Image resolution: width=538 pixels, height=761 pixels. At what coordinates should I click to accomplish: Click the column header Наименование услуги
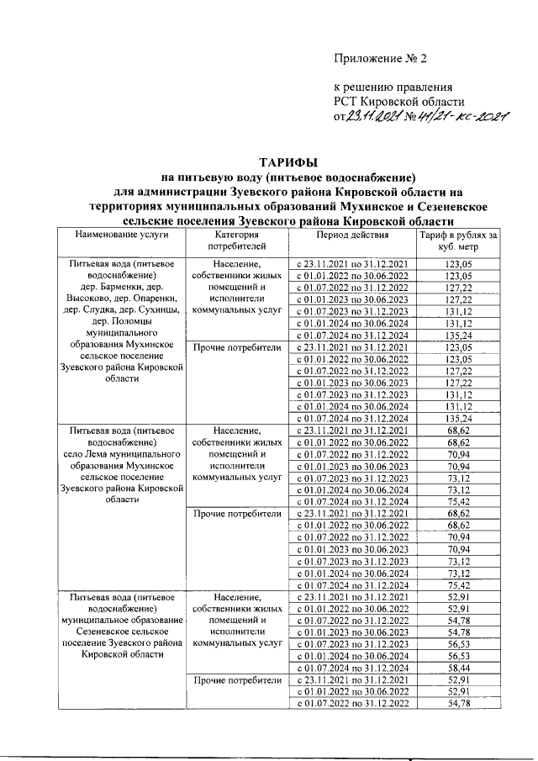pos(123,235)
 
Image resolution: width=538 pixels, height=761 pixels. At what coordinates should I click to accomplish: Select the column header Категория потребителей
pos(235,240)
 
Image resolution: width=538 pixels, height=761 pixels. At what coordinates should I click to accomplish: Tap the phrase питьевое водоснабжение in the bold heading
pos(350,177)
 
